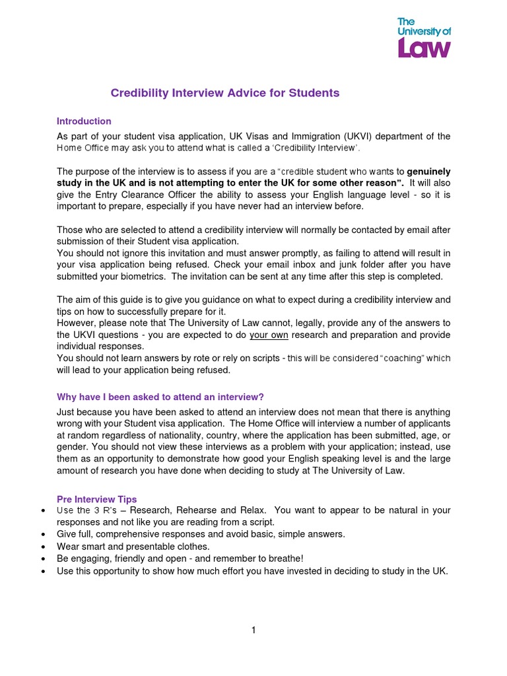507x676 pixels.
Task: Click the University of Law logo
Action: [x=424, y=39]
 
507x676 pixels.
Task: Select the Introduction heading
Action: [x=84, y=121]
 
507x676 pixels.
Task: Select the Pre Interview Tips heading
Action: [x=97, y=499]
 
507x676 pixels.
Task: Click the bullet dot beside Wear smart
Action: [x=43, y=547]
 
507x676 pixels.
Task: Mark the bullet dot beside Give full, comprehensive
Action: [x=43, y=534]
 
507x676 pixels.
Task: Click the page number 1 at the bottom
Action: [x=253, y=630]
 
